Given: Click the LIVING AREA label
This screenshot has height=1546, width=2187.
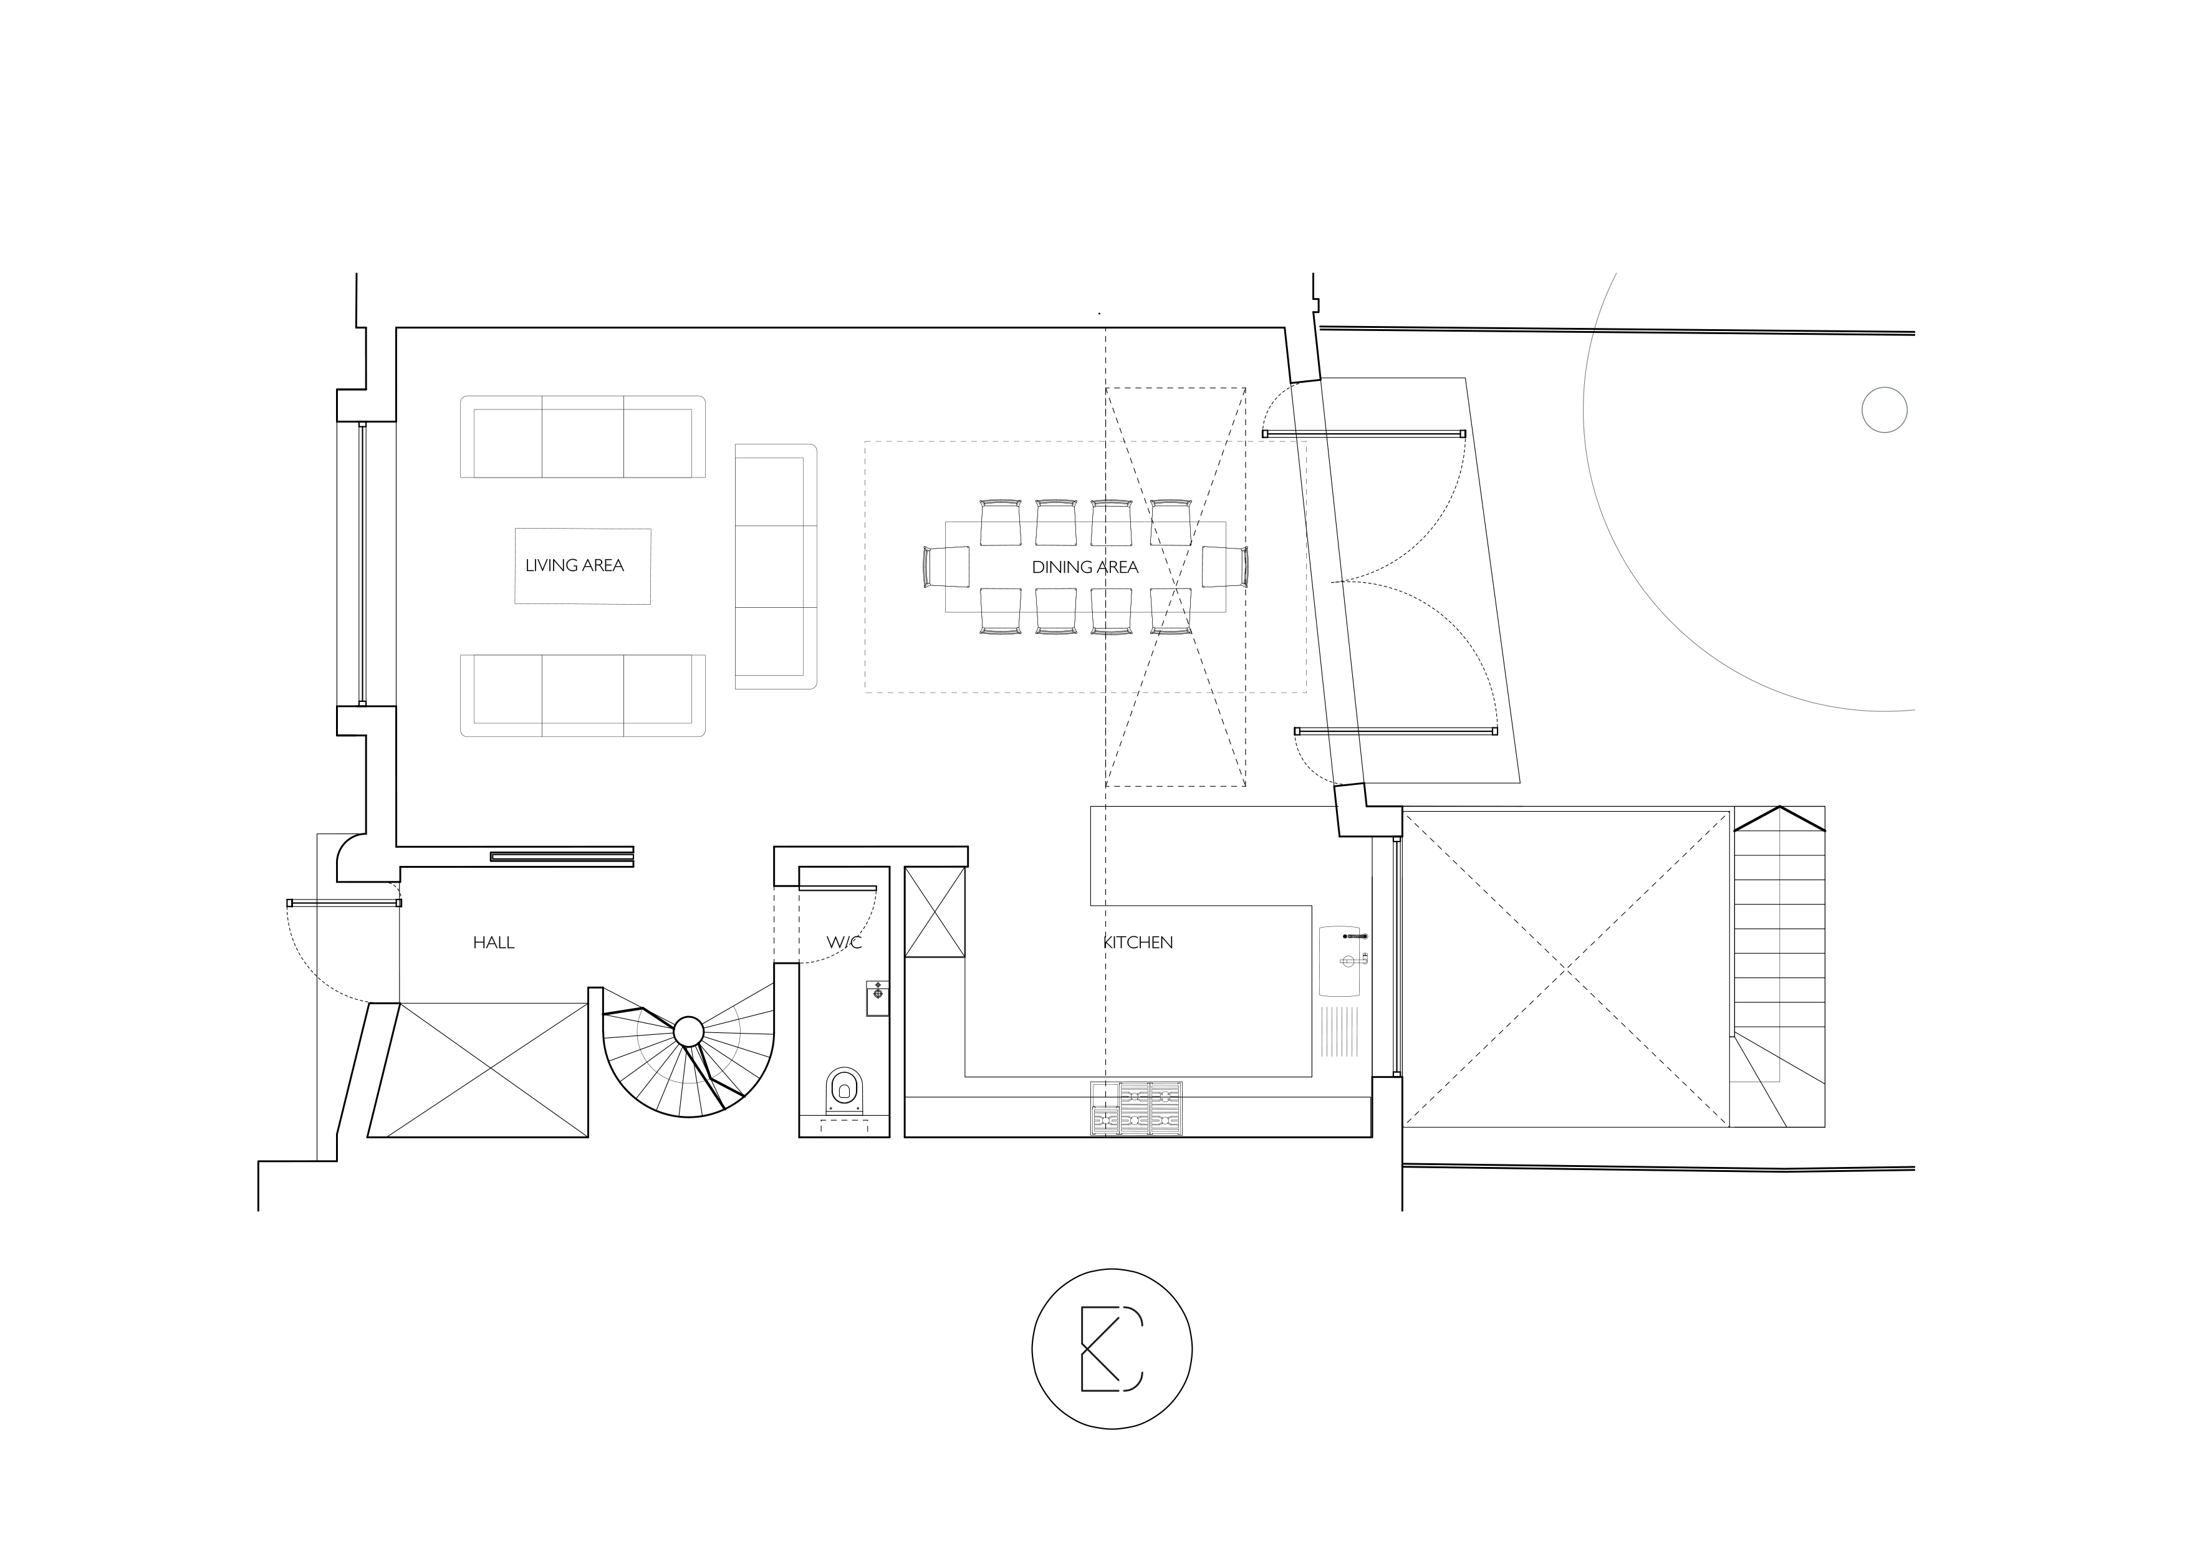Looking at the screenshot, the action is pyautogui.click(x=574, y=566).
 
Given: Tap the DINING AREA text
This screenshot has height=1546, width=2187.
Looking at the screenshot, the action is pyautogui.click(x=1085, y=568).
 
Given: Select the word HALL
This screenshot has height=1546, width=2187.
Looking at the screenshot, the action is pyautogui.click(x=493, y=943).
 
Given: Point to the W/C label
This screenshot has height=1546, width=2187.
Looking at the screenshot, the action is pyautogui.click(x=844, y=943).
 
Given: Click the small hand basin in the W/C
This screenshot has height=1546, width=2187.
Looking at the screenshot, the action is pyautogui.click(x=877, y=997).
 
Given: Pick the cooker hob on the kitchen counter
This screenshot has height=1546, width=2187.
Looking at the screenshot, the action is pyautogui.click(x=1137, y=1109).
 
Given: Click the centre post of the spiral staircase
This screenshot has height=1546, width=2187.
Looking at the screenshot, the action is pyautogui.click(x=689, y=1032).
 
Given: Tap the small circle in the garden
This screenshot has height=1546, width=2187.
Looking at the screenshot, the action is pyautogui.click(x=1884, y=411).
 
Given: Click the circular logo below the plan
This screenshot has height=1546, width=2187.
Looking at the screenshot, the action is pyautogui.click(x=1112, y=1349).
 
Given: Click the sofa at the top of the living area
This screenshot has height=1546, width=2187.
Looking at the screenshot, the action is pyautogui.click(x=583, y=436).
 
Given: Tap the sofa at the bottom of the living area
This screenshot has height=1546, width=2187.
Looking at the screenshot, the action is pyautogui.click(x=583, y=695).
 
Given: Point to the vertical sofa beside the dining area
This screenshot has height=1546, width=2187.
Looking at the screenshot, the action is pyautogui.click(x=776, y=567).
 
